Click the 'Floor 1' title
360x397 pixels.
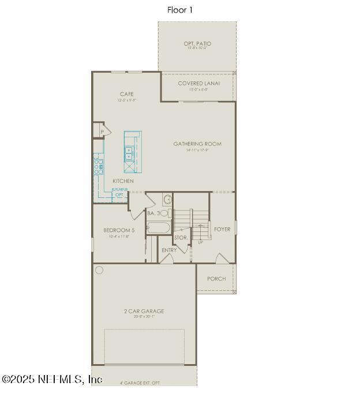tap(180, 10)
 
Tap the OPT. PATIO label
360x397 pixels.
tap(197, 44)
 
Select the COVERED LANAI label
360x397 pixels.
tap(198, 84)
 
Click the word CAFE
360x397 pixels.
tap(127, 94)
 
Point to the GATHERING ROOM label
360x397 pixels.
tap(197, 144)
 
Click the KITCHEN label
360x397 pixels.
tap(123, 181)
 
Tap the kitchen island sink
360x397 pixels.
tap(129, 153)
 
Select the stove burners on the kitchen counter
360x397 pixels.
tap(99, 166)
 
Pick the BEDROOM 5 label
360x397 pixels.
tap(119, 230)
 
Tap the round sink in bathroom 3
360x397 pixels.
tap(167, 200)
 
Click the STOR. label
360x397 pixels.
tap(181, 237)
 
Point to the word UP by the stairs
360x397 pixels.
tap(200, 242)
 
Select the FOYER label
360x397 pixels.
tap(222, 229)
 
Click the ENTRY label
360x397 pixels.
tap(169, 250)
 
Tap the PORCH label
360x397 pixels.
tap(216, 279)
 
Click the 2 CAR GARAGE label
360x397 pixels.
tap(144, 312)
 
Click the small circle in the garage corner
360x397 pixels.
tap(99, 270)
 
